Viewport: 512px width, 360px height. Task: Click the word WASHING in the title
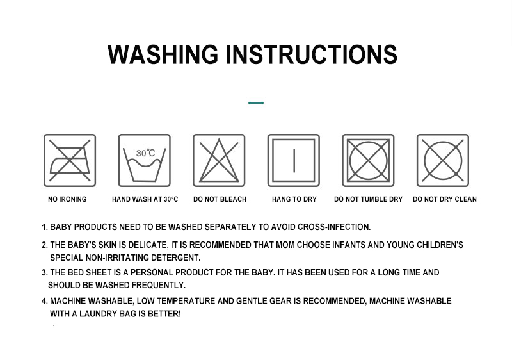click(163, 54)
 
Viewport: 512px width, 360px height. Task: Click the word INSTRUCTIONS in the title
click(312, 54)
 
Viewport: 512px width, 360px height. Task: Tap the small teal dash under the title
click(256, 103)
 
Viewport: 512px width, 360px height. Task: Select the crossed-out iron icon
click(70, 160)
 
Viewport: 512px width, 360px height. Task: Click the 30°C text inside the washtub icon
click(146, 153)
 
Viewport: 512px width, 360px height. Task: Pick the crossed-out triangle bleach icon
click(219, 160)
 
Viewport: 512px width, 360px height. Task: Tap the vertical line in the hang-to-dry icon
click(294, 160)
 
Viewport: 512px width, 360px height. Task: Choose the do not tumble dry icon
click(369, 160)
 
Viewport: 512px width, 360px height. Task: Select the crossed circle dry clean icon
click(443, 160)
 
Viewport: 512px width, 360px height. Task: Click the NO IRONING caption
click(67, 199)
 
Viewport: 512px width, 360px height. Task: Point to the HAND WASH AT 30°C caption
click(145, 199)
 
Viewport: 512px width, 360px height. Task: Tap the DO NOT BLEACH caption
click(220, 199)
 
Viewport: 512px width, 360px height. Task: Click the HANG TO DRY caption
click(294, 199)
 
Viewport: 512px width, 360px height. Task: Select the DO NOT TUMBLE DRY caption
click(369, 199)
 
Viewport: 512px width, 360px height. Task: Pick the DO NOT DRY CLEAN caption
click(445, 199)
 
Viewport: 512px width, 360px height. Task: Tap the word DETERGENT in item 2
click(175, 258)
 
